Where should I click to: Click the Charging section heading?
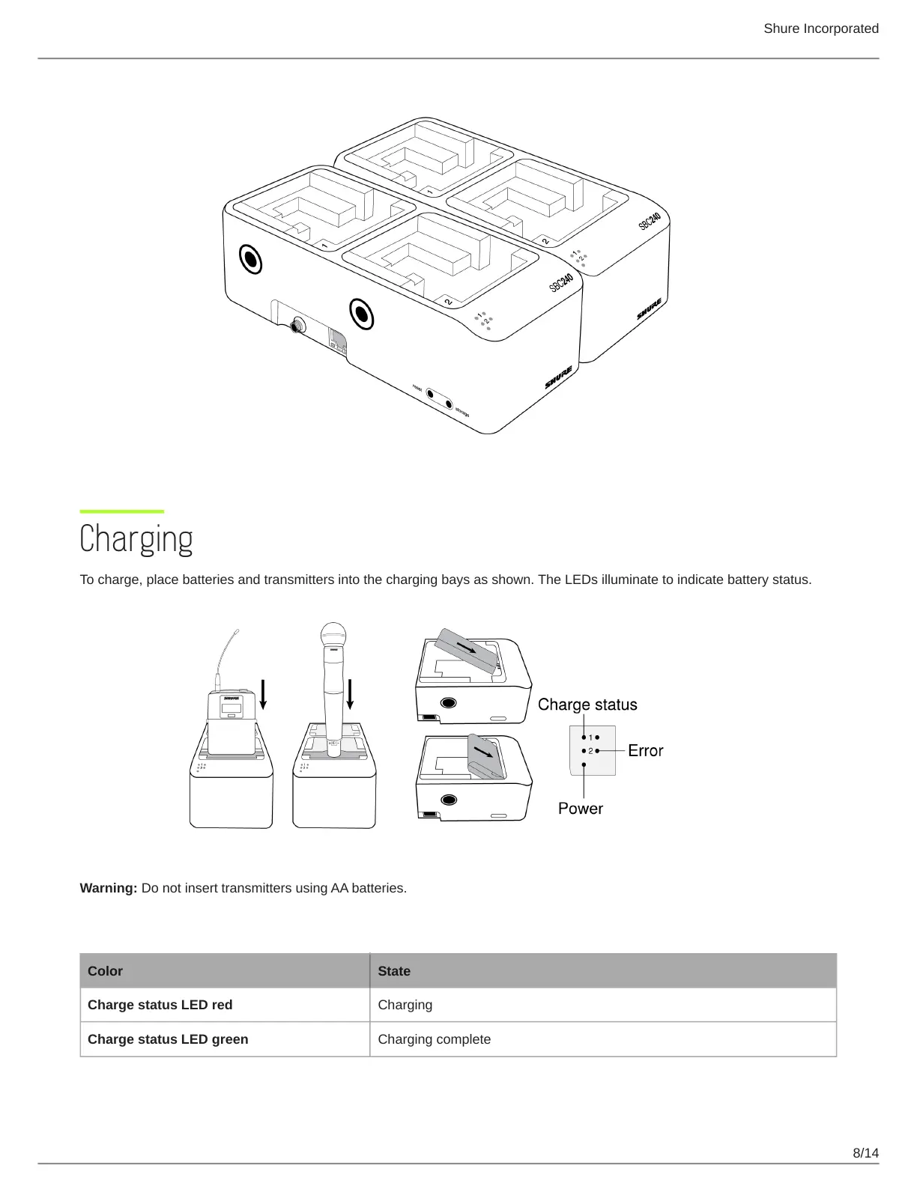tap(136, 539)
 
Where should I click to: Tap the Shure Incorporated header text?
tap(820, 28)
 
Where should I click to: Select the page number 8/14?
tap(865, 1152)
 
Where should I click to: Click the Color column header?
tap(106, 971)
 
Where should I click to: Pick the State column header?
tap(394, 971)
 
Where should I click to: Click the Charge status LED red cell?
tap(160, 1005)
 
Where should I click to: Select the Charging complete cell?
tap(435, 1039)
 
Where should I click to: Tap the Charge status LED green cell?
tap(168, 1039)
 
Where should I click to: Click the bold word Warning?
tap(108, 888)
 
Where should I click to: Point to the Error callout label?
tap(645, 750)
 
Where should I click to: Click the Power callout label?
tap(580, 809)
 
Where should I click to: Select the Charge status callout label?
tap(587, 705)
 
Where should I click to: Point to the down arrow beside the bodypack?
tap(263, 694)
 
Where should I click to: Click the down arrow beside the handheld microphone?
tap(350, 694)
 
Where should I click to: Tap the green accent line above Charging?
tap(121, 511)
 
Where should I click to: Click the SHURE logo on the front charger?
tap(559, 377)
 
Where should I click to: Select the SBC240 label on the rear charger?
tap(650, 221)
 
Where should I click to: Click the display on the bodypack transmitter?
tap(231, 708)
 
